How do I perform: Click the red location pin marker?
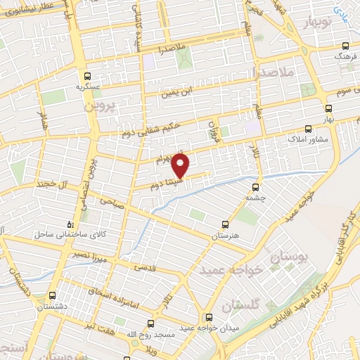181,166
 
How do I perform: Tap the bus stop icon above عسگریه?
87,76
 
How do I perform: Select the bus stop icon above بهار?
328,108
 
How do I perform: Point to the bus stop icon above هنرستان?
225,225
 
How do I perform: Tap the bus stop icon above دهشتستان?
53,296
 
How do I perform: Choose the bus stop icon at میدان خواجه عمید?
207,317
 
